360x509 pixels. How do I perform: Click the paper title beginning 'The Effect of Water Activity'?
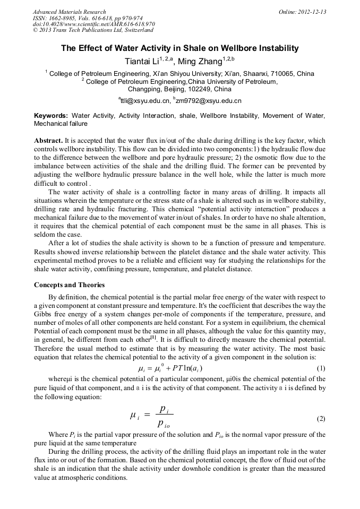point(179,48)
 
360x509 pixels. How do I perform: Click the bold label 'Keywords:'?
point(51,115)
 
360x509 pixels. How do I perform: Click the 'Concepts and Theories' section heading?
point(69,285)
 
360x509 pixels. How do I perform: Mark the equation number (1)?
point(321,368)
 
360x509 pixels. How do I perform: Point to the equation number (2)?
point(321,418)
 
